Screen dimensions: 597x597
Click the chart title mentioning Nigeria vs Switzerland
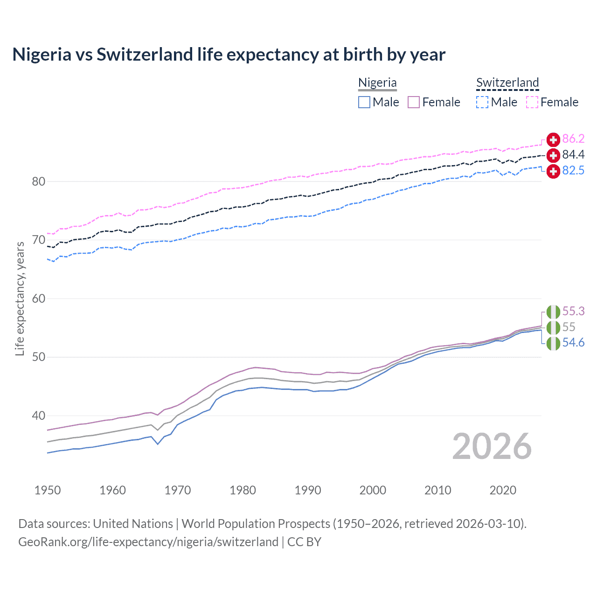(229, 55)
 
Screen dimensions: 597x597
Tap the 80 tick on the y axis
(38, 181)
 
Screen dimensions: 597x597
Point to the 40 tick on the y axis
(38, 416)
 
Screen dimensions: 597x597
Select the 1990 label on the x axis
(308, 490)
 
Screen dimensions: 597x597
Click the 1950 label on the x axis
(48, 490)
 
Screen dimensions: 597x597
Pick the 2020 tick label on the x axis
(503, 490)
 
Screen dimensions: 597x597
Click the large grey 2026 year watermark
(492, 446)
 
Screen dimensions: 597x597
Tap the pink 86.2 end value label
(573, 139)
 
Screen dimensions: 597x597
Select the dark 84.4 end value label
(573, 155)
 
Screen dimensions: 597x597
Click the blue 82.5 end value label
(573, 171)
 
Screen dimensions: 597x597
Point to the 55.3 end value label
(573, 311)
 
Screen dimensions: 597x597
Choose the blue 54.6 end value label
(573, 343)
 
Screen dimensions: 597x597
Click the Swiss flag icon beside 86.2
(553, 139)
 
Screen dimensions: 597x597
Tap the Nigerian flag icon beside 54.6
(553, 343)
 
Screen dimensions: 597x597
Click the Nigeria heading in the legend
(377, 83)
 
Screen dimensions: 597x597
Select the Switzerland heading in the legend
(507, 83)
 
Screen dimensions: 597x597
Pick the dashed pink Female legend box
(532, 102)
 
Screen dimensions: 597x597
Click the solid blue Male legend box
(364, 102)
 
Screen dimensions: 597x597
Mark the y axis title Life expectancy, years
(20, 298)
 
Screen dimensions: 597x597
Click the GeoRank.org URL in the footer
(148, 542)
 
